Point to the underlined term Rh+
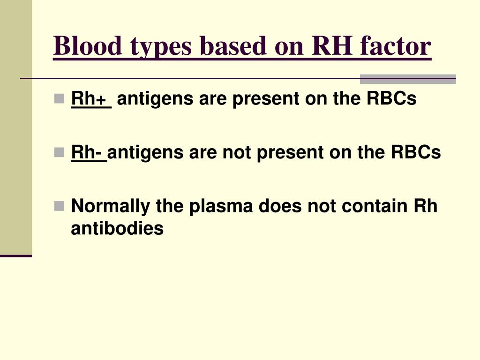click(90, 99)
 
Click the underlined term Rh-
click(89, 152)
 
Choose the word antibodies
click(117, 229)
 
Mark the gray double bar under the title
click(407, 79)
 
